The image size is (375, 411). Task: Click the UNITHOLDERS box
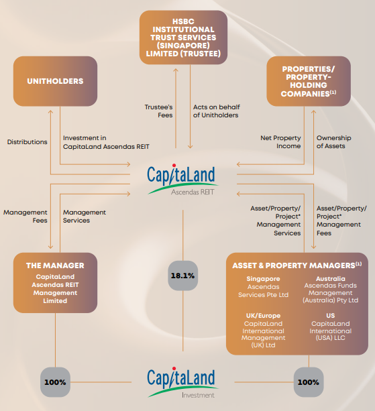point(55,81)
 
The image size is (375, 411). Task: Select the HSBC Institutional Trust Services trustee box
point(183,38)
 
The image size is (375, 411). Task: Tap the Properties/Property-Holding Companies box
point(309,81)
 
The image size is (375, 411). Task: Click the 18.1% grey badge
point(182,276)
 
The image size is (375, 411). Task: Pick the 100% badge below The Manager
point(55,382)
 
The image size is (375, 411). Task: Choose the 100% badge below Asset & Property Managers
point(309,382)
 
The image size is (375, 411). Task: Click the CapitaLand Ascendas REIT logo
point(182,180)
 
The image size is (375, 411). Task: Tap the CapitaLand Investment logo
point(182,382)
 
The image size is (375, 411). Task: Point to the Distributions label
point(28,142)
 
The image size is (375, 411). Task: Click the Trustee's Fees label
point(158,111)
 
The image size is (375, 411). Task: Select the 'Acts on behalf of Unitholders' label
point(216,111)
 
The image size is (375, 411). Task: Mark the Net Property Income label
point(280,142)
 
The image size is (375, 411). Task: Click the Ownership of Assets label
point(333,142)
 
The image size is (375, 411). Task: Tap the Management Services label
point(85,217)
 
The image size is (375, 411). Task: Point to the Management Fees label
point(25,217)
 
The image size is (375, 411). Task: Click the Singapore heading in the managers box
point(263,279)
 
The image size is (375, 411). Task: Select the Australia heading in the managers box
point(331,279)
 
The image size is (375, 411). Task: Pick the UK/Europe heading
point(263,316)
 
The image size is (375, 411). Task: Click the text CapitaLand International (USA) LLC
point(331,331)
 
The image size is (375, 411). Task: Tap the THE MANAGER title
point(55,266)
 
